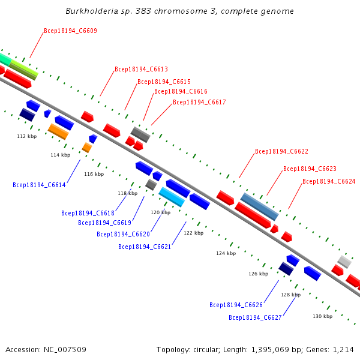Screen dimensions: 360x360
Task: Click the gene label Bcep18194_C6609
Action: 70,31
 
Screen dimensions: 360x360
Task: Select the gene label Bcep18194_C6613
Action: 141,69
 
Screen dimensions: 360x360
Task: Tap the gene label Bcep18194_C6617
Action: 199,102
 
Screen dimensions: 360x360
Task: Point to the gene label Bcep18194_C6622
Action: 281,151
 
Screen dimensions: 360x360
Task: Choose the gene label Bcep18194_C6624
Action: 329,181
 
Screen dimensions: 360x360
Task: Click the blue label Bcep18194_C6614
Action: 39,185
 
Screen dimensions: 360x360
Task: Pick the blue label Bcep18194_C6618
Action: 88,213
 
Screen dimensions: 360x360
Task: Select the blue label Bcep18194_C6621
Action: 145,247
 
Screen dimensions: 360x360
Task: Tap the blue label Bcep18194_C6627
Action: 255,317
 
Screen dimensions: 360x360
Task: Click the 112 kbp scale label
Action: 27,136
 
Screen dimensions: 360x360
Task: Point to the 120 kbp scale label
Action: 160,212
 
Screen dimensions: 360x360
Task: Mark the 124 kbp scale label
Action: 226,253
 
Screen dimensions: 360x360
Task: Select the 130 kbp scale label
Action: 322,316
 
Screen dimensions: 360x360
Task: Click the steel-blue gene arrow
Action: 260,206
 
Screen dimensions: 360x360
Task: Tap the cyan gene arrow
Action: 172,197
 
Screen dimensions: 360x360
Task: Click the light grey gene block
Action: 344,261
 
